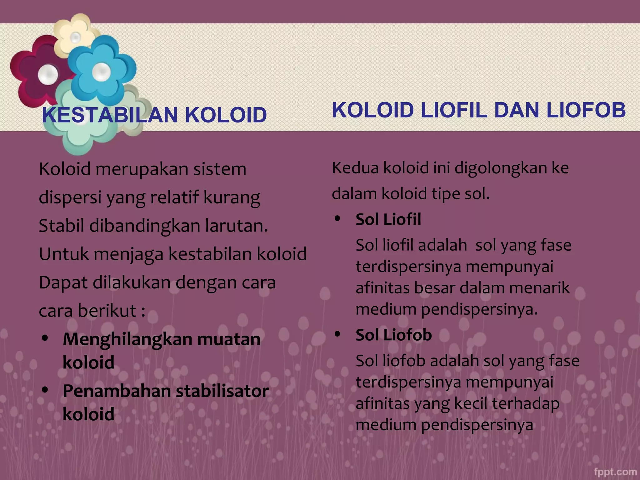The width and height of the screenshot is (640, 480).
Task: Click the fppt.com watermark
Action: click(615, 472)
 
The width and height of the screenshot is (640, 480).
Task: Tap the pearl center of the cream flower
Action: click(75, 38)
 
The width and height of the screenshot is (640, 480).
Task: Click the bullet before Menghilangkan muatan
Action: click(46, 338)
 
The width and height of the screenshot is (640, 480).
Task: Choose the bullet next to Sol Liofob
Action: click(337, 334)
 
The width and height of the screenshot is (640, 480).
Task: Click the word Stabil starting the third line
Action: click(61, 226)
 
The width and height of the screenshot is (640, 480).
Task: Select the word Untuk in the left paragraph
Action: click(64, 254)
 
